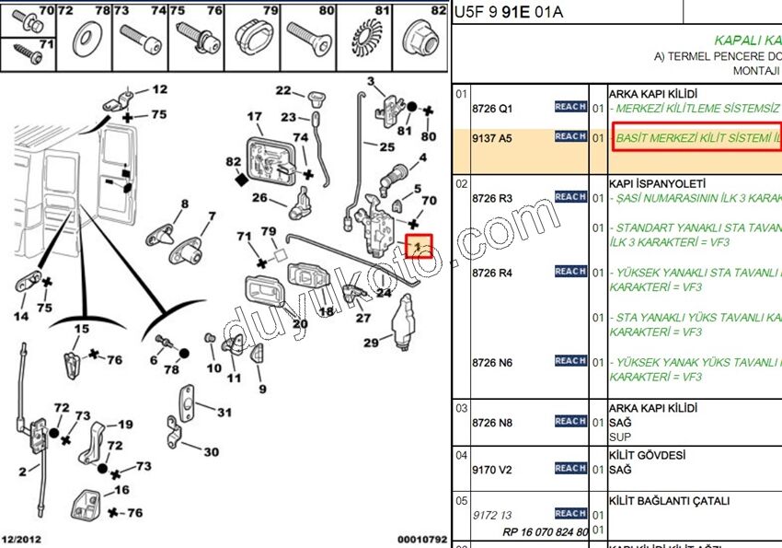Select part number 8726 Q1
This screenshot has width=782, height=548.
coord(491,109)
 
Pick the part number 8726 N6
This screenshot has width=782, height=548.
coord(492,363)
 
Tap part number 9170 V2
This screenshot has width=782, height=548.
coord(491,470)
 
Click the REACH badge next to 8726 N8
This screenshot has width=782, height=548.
coord(570,421)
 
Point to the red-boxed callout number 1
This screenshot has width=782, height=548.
coord(420,247)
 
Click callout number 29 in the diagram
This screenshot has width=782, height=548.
coord(371,344)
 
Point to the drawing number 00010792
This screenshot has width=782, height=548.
coord(422,539)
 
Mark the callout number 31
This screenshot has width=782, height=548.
coord(224,413)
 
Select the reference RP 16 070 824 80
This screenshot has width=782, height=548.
coord(545,532)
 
